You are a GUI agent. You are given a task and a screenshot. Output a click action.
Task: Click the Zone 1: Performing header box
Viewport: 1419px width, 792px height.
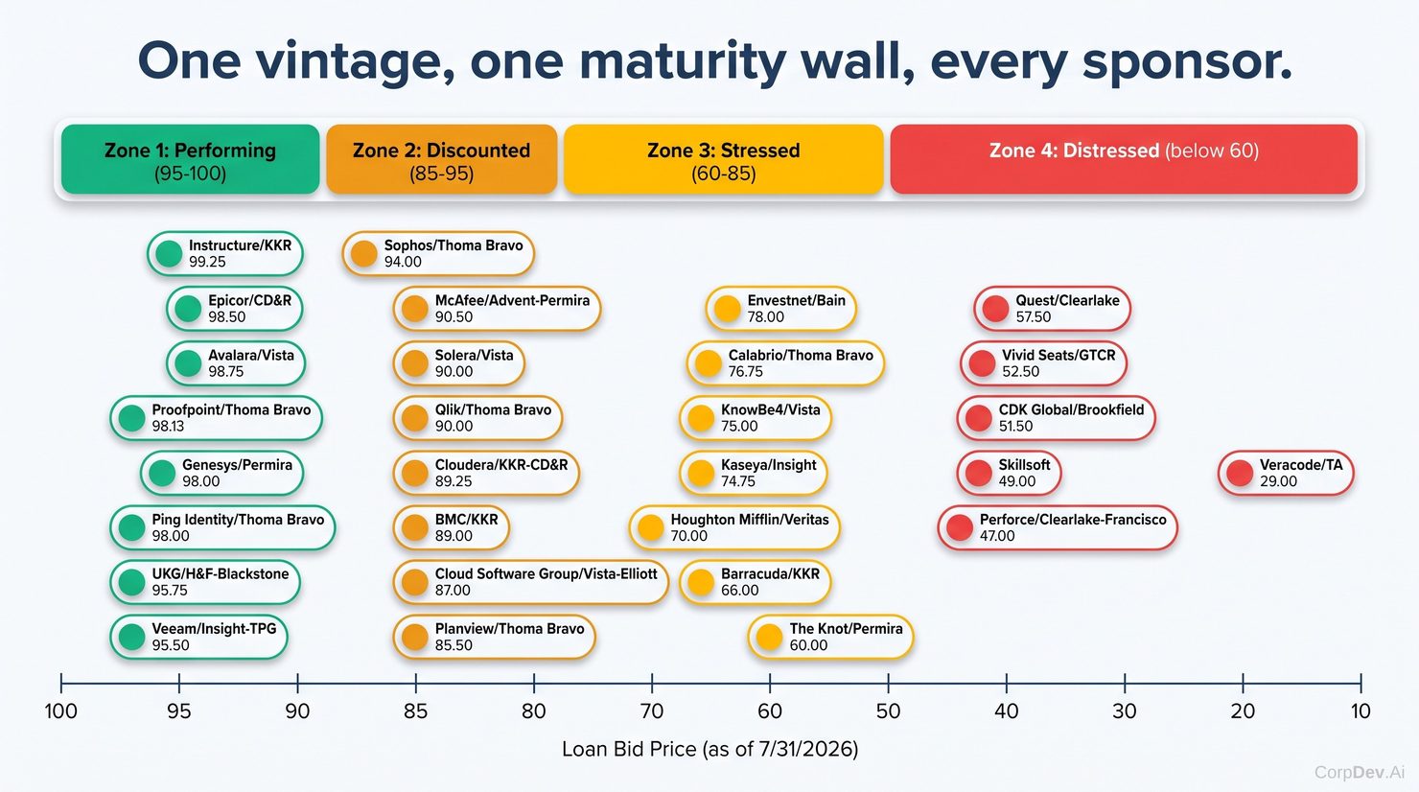pos(190,159)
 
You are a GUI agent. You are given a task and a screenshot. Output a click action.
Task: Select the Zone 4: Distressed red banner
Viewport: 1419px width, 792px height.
pos(1124,159)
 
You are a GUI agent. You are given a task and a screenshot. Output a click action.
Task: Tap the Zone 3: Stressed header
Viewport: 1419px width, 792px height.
pos(724,159)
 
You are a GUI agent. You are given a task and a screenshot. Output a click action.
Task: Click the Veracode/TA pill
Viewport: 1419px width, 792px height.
pos(1286,473)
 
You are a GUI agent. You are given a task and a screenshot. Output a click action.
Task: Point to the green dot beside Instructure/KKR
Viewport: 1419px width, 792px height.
pos(169,253)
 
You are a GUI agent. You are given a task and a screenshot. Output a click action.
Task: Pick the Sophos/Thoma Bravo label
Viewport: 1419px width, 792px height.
pos(454,245)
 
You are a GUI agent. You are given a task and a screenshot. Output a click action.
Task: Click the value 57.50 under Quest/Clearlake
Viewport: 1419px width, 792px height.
pos(1034,316)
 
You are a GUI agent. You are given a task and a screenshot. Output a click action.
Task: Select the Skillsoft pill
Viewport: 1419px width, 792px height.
pos(1010,473)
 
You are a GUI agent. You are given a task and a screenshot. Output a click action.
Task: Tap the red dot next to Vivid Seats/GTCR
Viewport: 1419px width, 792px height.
pos(983,363)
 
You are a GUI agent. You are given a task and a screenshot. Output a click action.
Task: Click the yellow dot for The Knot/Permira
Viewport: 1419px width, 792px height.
pos(769,637)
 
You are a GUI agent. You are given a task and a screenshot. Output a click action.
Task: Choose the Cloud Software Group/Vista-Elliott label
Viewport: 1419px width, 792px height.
pos(547,574)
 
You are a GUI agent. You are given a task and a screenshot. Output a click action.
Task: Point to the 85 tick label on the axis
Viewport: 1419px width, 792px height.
pos(415,710)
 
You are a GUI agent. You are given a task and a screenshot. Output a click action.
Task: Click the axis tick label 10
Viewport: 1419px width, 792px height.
pos(1361,710)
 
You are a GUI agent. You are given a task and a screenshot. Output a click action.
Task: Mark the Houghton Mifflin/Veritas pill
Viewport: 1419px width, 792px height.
pos(734,527)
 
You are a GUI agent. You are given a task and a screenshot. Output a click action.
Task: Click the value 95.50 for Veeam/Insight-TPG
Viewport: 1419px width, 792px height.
pos(171,645)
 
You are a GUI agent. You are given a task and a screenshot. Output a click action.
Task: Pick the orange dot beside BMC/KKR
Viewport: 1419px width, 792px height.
pos(415,527)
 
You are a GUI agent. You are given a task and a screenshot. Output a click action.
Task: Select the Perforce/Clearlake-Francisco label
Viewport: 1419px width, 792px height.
pos(1073,520)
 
